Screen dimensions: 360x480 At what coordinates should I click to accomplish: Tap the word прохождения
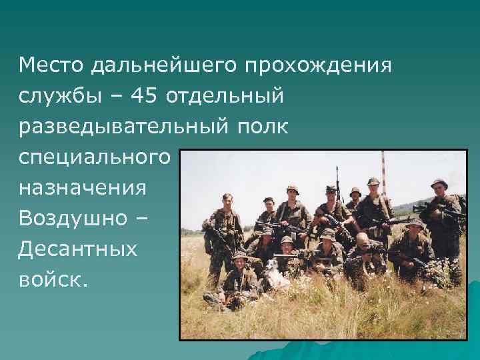(x=318, y=65)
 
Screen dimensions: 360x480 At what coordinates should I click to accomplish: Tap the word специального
(x=95, y=157)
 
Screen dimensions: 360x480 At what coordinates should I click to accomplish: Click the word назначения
(x=83, y=188)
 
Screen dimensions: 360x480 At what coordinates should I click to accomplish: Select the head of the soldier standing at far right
(x=439, y=185)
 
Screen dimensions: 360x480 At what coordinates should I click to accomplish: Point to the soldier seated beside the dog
(x=240, y=273)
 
